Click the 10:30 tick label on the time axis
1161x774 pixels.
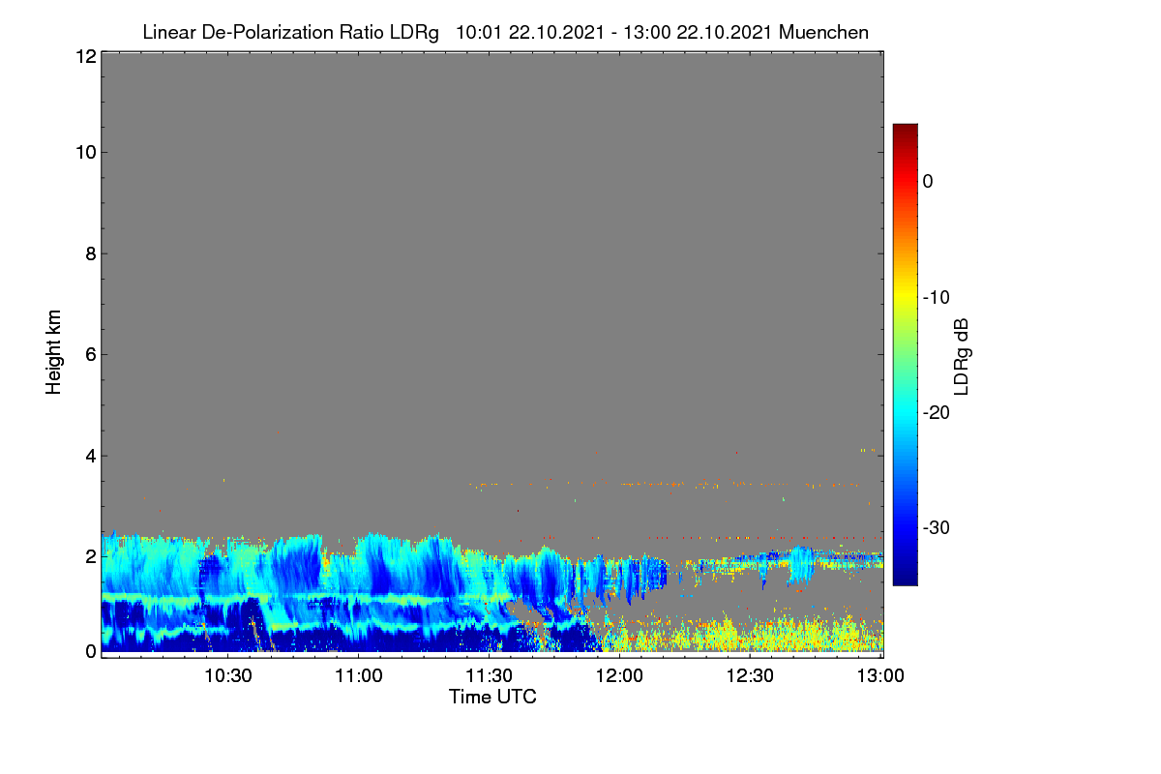[228, 676]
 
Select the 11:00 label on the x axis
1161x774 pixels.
[359, 676]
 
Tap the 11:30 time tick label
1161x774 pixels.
[489, 676]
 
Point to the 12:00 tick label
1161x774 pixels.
[619, 676]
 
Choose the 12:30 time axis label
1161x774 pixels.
[750, 676]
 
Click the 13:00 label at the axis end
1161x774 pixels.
[880, 676]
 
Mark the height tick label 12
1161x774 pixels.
[86, 56]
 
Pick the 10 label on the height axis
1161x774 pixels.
[86, 153]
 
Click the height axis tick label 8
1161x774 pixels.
[91, 253]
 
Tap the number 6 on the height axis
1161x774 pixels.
[91, 355]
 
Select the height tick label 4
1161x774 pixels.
[91, 457]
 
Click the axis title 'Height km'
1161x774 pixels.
[53, 352]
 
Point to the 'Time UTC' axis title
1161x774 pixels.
[492, 697]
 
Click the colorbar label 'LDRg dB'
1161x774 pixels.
[962, 357]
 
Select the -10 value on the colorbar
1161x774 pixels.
[937, 298]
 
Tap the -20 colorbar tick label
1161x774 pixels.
[937, 413]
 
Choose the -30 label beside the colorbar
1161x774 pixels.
[937, 527]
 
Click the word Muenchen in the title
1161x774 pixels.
[823, 32]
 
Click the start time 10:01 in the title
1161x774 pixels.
[479, 32]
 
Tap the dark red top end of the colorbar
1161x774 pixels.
[905, 128]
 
